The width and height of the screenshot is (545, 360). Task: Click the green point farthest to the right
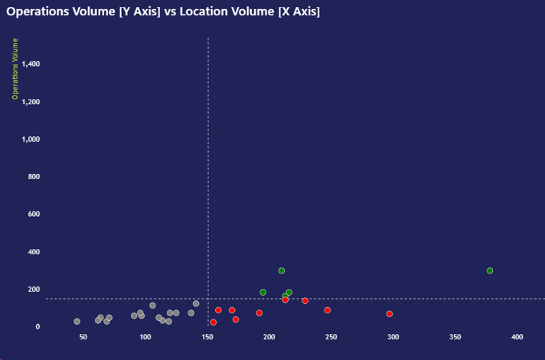pos(490,270)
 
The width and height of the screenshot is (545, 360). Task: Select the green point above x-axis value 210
pos(282,270)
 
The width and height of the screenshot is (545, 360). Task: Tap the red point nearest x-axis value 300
pos(390,314)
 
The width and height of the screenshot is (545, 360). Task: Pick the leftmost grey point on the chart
pos(77,322)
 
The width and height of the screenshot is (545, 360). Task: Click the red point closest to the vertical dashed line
pos(214,322)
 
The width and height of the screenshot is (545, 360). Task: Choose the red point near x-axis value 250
pos(328,310)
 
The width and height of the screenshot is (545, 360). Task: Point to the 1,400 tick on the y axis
pos(31,64)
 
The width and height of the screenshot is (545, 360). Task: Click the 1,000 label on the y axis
pos(31,139)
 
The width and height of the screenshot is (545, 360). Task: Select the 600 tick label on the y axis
pos(34,214)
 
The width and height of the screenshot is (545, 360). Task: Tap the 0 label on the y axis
pos(38,327)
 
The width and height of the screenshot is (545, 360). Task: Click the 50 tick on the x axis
pos(83,337)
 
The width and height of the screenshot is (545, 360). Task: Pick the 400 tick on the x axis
pos(517,337)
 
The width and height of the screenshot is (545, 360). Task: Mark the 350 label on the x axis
pos(455,337)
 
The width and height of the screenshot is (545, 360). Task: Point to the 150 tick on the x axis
pos(207,337)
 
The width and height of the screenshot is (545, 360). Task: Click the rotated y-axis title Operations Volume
pos(15,69)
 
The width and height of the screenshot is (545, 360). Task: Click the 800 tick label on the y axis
pos(34,177)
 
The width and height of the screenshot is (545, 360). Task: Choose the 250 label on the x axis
pos(331,337)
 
